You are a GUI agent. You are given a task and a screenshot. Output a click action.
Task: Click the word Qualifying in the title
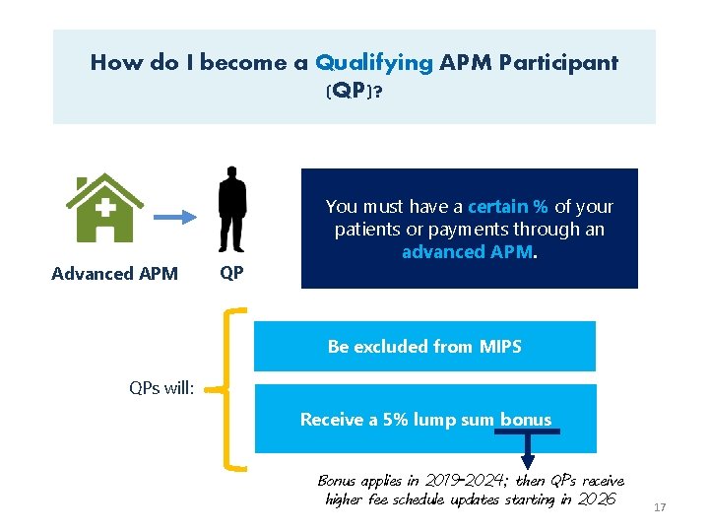coord(373,63)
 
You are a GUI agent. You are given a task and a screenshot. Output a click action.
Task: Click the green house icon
coord(103,209)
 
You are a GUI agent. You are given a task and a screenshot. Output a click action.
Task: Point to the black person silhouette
coord(232,210)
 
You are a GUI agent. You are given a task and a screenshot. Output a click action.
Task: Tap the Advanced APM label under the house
coord(114,274)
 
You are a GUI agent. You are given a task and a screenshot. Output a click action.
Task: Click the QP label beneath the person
coord(231,274)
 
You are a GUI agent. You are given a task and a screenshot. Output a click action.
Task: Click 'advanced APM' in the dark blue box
coord(467,252)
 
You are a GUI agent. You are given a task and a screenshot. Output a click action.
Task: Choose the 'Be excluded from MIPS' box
coord(424,347)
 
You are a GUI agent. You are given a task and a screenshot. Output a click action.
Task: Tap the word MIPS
coord(499,347)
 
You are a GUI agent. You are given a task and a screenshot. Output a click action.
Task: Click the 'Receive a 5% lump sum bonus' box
coord(425,420)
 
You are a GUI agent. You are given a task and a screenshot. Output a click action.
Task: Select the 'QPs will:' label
coord(162,387)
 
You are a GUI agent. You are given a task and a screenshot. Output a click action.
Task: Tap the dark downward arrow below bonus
coord(528,451)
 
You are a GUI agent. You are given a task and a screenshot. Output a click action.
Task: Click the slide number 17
coord(660,507)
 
